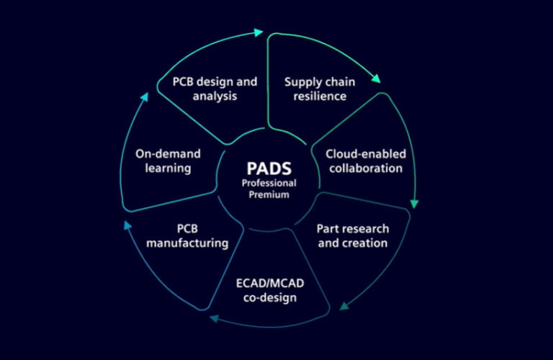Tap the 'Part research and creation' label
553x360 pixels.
point(353,235)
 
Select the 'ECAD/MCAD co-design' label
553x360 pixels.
point(266,289)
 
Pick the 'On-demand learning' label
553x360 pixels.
point(168,161)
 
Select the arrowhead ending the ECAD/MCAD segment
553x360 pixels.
point(213,316)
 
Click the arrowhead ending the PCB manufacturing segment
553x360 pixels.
point(127,226)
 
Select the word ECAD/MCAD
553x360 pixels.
point(266,282)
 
